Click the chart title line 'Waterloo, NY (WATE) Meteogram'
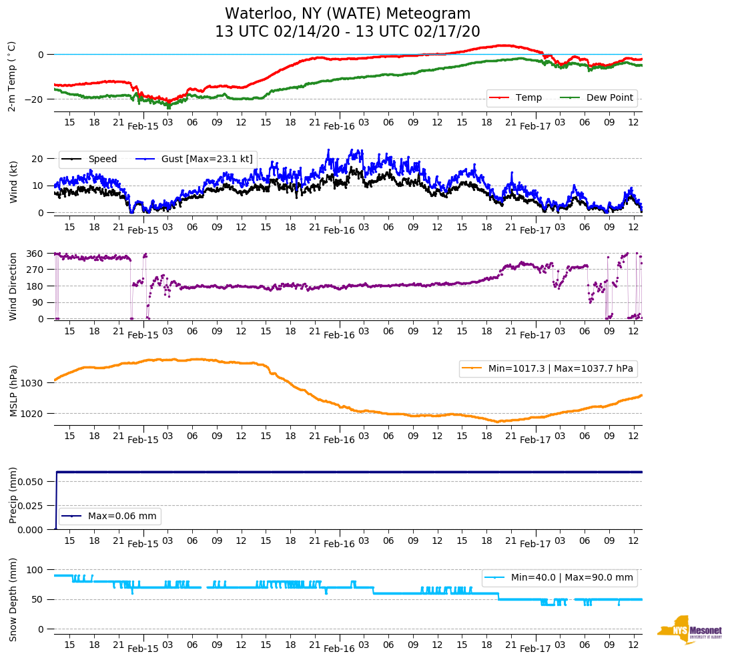click(348, 14)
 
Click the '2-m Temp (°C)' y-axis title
click(12, 76)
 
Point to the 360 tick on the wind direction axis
click(35, 254)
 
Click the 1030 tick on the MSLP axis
click(33, 383)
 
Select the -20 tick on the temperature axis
click(35, 99)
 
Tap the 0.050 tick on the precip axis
click(29, 482)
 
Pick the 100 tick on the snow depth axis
click(35, 570)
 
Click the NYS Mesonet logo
click(689, 630)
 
